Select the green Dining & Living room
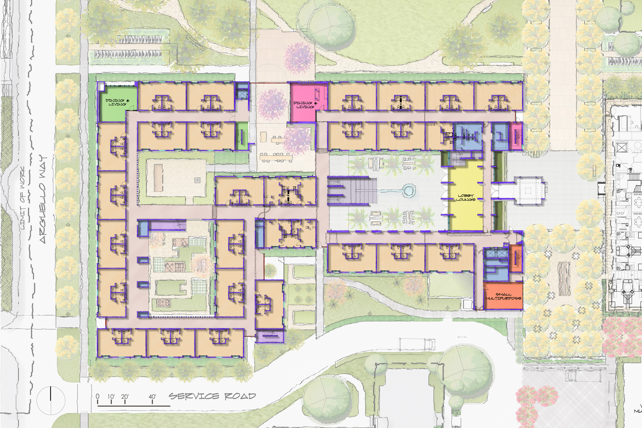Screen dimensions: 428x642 click(x=117, y=102)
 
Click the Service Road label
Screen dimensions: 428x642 click(x=212, y=396)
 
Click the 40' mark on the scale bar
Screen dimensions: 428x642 click(x=152, y=397)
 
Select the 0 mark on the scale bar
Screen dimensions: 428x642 click(x=98, y=397)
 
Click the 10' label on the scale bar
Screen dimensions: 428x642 click(x=111, y=397)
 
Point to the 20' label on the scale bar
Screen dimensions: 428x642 click(x=125, y=397)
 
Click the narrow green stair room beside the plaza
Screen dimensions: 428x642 click(x=242, y=135)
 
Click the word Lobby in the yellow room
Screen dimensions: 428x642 click(x=465, y=196)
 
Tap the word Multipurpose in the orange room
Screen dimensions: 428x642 click(x=503, y=299)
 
